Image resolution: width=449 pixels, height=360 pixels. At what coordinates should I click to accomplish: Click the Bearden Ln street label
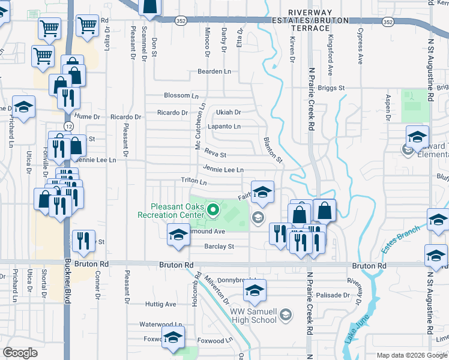pos(214,71)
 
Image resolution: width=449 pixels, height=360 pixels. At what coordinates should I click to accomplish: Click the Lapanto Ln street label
pos(224,127)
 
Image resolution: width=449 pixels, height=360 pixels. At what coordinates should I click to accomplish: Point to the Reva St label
pos(214,154)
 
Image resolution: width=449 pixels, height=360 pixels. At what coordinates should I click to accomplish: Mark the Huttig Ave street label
pos(162,304)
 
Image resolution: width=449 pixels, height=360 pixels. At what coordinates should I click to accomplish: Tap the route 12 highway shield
pos(70,127)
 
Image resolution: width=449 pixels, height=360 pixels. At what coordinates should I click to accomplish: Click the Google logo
pos(20,352)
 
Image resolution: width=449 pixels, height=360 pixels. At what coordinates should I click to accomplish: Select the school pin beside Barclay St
pos(178,235)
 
